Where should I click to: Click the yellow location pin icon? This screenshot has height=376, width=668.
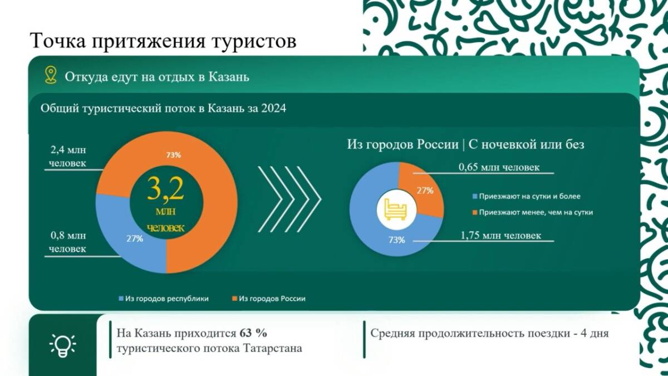[x=51, y=75]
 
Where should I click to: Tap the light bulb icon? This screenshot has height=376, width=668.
[x=62, y=345]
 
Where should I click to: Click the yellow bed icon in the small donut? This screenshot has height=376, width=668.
[x=396, y=209]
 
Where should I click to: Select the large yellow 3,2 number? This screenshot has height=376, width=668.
[x=165, y=189]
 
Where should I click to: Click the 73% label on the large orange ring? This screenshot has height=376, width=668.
[x=174, y=155]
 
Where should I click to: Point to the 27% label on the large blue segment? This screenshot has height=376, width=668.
[x=135, y=239]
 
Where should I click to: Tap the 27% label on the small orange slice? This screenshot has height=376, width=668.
[x=425, y=191]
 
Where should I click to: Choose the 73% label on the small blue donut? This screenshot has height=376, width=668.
[x=396, y=240]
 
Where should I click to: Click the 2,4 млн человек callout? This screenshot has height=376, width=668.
[x=68, y=157]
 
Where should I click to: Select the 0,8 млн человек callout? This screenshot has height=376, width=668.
[x=68, y=242]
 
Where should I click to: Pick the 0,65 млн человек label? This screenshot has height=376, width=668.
[x=499, y=167]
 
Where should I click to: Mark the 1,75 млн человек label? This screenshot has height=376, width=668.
[x=500, y=236]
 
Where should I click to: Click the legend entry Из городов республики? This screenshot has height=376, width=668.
[x=164, y=299]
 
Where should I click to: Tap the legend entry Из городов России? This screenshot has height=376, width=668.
[x=269, y=299]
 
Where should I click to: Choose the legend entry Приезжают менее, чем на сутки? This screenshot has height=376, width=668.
[x=533, y=212]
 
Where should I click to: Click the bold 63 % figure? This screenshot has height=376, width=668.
[x=253, y=333]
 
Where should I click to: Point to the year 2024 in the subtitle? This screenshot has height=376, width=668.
[x=273, y=108]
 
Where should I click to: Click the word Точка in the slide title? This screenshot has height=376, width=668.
[x=58, y=41]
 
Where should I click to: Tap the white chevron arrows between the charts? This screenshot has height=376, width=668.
[x=289, y=199]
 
